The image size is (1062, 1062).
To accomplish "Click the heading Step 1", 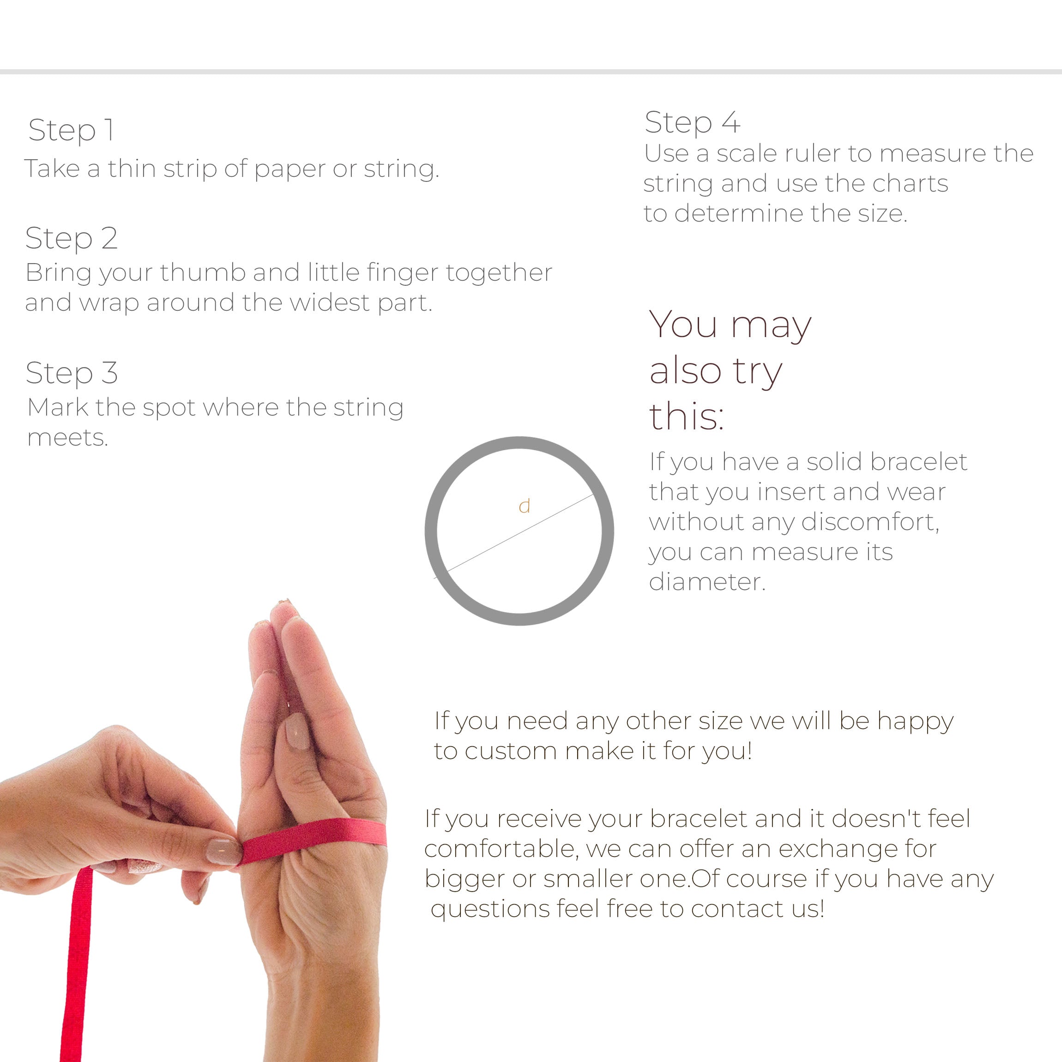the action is coord(72,131).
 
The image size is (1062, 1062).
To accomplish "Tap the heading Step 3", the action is coord(72,373).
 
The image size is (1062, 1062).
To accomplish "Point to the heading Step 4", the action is coord(692,122).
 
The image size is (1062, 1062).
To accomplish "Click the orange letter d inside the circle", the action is coord(525,506).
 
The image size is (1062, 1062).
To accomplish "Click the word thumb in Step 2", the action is coord(203,272).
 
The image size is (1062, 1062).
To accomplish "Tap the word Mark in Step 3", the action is coord(58,407).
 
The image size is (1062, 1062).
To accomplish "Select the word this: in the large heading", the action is coord(686,416).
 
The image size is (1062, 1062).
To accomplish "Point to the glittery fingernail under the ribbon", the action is coord(145,867).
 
